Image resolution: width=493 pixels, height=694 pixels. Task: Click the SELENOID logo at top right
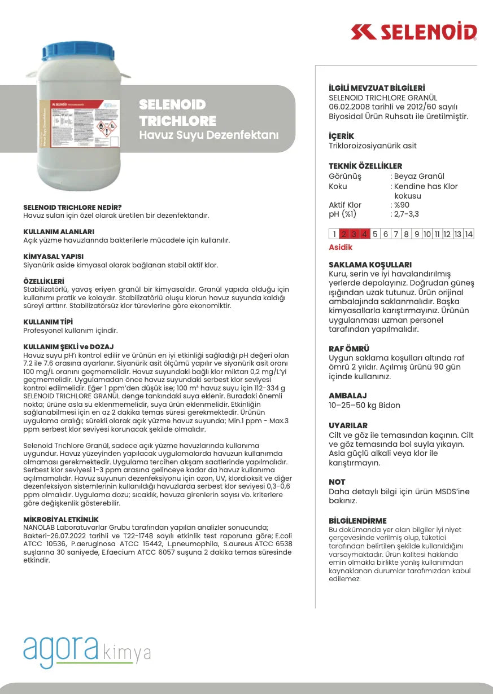coord(413,32)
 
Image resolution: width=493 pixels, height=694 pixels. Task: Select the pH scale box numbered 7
coord(396,234)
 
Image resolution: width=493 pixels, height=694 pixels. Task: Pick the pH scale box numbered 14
coord(468,234)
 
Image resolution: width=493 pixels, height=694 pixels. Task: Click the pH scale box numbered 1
coord(334,234)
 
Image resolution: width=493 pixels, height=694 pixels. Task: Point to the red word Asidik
coord(341,247)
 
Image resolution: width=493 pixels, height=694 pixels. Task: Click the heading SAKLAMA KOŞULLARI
coord(370,265)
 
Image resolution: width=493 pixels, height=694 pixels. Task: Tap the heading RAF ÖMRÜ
coord(349,349)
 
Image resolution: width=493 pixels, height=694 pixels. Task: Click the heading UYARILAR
coord(348,425)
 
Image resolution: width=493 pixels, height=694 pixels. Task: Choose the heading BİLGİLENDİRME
coord(357,520)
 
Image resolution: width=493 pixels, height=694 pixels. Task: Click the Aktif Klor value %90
coord(402,205)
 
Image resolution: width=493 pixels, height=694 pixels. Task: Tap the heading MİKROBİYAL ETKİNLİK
coord(61,519)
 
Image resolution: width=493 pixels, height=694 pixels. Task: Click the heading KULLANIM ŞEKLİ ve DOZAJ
coord(68,346)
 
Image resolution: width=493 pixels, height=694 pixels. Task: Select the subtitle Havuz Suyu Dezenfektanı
coord(209,135)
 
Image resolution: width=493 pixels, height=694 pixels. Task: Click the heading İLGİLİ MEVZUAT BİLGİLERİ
coord(377,88)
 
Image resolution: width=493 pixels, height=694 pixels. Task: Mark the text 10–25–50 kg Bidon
coord(364,405)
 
